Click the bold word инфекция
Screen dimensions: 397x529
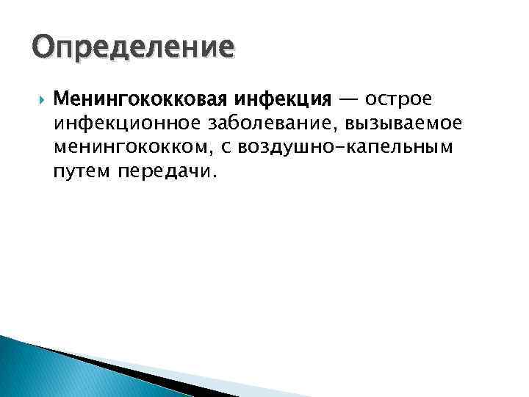282,99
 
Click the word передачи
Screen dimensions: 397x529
162,174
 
